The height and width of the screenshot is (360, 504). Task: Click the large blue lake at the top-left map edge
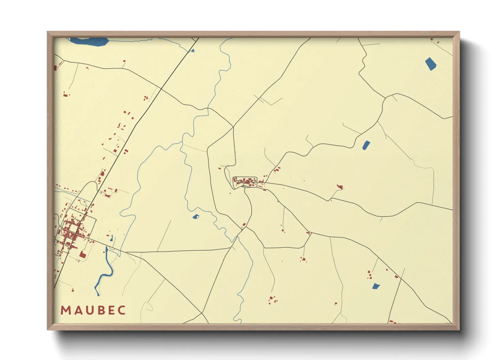[89, 42]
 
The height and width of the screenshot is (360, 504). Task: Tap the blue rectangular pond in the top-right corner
[430, 64]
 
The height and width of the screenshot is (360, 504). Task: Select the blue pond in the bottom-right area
[376, 286]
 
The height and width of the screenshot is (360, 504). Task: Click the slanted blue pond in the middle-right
[366, 145]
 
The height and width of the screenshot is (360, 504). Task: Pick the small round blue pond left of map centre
[196, 216]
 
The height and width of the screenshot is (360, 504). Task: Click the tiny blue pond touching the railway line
[192, 51]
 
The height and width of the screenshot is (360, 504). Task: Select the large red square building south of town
[82, 255]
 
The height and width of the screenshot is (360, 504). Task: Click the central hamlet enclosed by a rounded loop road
[245, 182]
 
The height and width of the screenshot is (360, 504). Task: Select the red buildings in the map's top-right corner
[434, 40]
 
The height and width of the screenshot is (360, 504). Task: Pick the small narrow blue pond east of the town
[111, 238]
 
